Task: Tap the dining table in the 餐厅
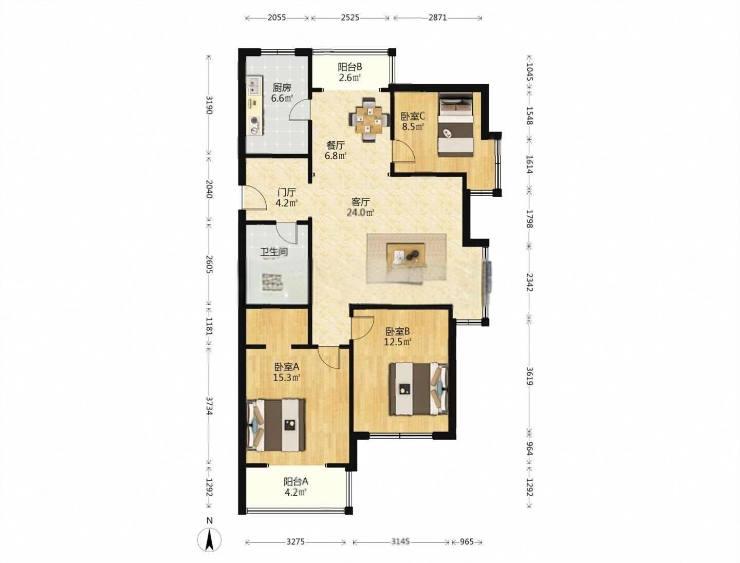click(x=368, y=120)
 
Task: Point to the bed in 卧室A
click(x=277, y=425)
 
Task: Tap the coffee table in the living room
click(x=406, y=256)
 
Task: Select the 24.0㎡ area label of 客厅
click(x=360, y=213)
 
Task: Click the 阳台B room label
click(x=350, y=67)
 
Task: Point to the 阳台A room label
click(x=295, y=481)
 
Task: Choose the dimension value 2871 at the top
click(x=438, y=17)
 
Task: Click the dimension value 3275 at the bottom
click(x=295, y=551)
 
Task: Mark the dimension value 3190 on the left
click(x=209, y=105)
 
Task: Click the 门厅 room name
click(x=287, y=193)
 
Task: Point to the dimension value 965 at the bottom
click(x=467, y=551)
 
